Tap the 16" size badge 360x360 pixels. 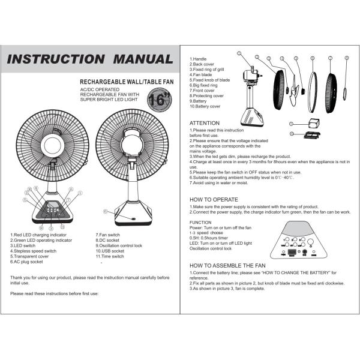(x=159, y=98)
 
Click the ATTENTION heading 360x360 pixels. (x=205, y=123)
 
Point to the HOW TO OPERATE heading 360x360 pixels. (x=214, y=199)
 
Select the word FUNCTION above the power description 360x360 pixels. (x=200, y=223)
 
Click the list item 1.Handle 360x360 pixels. (x=199, y=59)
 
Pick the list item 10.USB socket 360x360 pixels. (x=112, y=251)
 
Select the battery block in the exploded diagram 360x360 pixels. (x=311, y=123)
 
